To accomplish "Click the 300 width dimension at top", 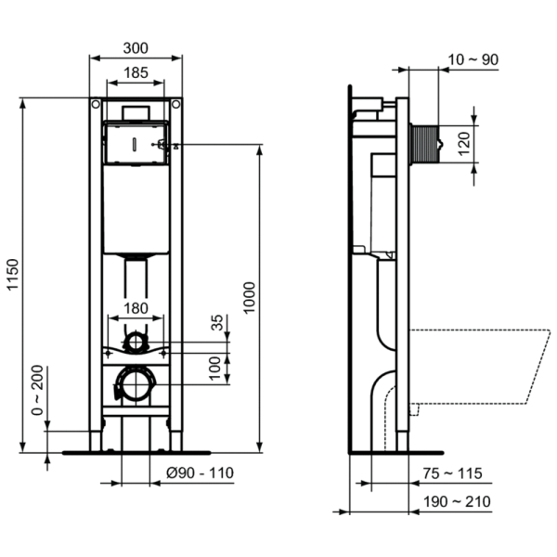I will (136, 46).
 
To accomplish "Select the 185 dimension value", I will (136, 71).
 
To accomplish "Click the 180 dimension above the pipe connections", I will (136, 308).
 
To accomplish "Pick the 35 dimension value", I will (218, 323).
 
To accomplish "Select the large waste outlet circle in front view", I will (136, 382).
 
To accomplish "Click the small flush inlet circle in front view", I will (136, 341).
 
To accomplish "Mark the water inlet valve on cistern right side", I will (165, 144).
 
